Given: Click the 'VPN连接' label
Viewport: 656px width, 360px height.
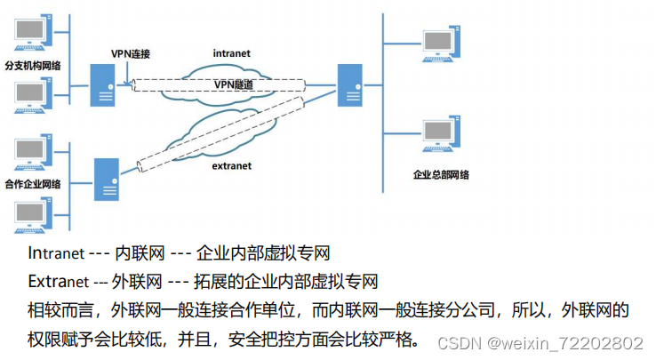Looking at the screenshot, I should tap(131, 53).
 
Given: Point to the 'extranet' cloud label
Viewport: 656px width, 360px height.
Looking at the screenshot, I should tap(231, 165).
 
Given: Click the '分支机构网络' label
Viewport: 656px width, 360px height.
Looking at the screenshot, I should tap(32, 66).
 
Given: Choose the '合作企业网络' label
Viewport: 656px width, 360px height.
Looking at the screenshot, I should tap(32, 185).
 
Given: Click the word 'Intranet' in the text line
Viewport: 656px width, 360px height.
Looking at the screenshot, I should tap(56, 253).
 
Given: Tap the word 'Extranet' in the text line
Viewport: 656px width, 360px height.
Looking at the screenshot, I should tap(58, 282).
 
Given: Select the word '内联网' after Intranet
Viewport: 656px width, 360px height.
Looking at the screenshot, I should tap(135, 253).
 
